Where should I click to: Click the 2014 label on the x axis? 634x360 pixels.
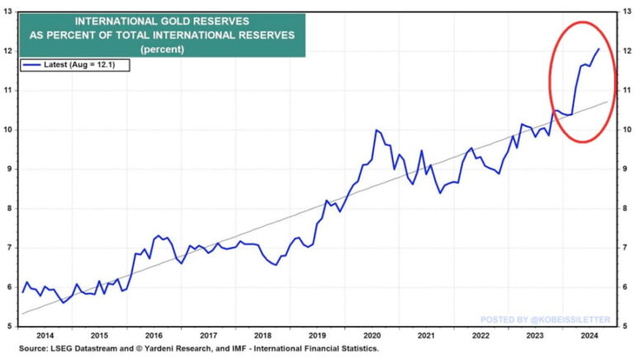coord(45,336)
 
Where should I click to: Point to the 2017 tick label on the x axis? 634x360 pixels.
coord(208,336)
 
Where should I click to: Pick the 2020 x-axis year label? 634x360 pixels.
coord(371,336)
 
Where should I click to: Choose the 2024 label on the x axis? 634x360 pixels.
coord(589,336)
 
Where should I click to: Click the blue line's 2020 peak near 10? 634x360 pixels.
coord(376,130)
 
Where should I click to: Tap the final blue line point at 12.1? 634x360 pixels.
coord(599,48)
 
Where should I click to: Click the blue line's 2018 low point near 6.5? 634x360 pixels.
coord(275,265)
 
